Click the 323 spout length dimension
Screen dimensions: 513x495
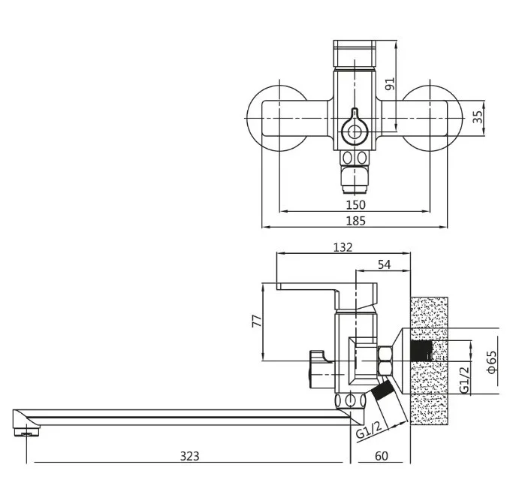tap(189, 456)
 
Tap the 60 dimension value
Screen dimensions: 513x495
tap(382, 456)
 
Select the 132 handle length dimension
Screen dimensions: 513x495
tap(343, 247)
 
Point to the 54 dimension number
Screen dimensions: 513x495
tap(384, 264)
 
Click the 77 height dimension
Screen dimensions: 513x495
tap(257, 321)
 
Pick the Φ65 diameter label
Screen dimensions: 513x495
tap(492, 362)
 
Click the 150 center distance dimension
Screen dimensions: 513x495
tap(355, 205)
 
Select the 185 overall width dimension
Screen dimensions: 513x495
tap(355, 221)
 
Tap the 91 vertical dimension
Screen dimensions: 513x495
tap(390, 84)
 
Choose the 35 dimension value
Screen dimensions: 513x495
tap(478, 116)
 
